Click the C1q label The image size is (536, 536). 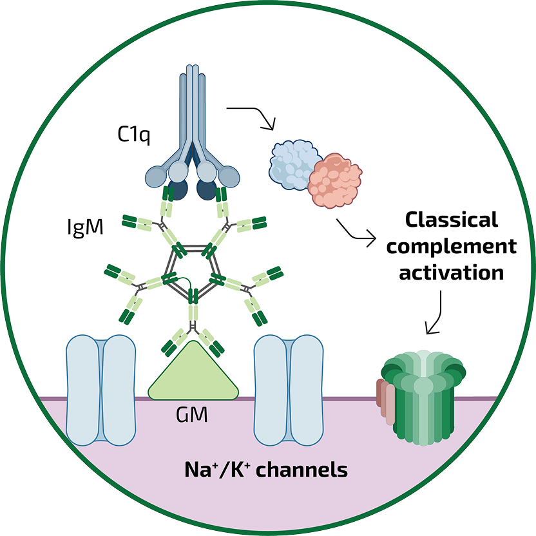click(x=134, y=135)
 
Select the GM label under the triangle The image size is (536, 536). click(x=192, y=414)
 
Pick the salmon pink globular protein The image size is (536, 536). click(x=334, y=180)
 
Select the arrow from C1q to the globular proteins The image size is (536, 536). click(x=253, y=117)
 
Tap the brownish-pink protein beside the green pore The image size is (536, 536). click(x=385, y=402)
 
